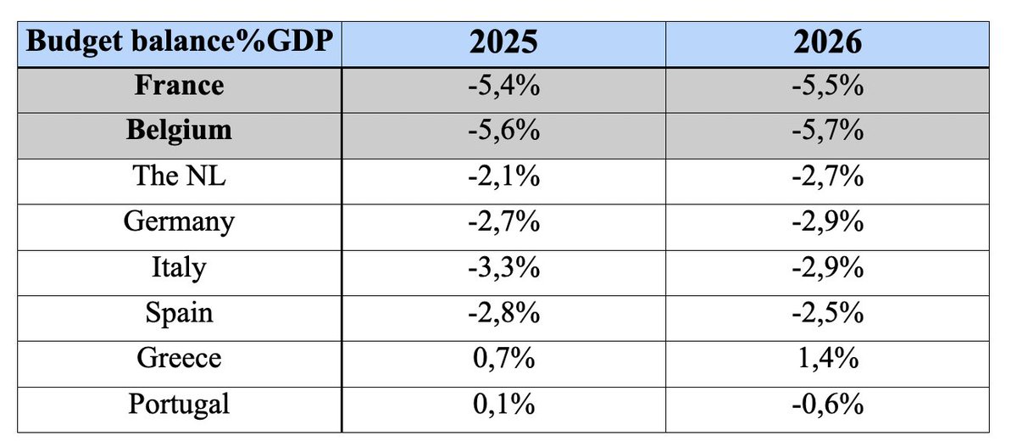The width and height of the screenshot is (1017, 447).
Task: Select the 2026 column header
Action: pos(827,43)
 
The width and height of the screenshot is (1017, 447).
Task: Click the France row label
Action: pos(179,86)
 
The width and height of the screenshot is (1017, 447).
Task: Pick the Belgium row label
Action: pos(179,131)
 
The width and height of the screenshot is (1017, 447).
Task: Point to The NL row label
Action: pos(179,176)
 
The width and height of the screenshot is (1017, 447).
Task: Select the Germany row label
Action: pos(179,221)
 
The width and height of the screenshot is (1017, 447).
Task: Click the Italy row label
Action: pos(179,267)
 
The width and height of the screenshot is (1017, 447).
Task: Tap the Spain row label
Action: pos(179,312)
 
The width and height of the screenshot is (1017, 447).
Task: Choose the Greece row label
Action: pos(179,358)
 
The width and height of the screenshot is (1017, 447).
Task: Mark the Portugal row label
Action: pos(179,403)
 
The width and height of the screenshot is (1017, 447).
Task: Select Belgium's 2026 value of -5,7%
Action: pos(827,131)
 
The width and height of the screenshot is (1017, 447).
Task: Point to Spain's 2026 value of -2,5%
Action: pos(827,312)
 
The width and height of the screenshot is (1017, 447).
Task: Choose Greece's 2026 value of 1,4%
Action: pos(827,358)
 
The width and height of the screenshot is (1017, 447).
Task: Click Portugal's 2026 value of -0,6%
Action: pos(827,403)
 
